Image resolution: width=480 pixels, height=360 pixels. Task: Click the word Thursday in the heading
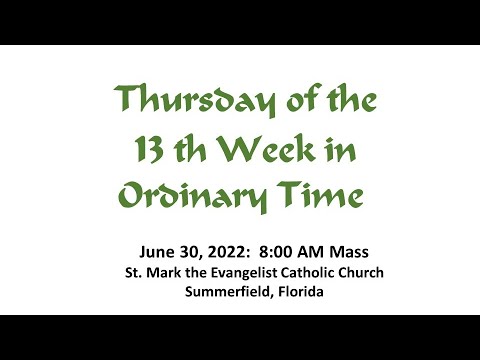(179, 100)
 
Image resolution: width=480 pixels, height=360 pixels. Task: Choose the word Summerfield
(225, 292)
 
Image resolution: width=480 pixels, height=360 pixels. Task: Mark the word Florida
(297, 292)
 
